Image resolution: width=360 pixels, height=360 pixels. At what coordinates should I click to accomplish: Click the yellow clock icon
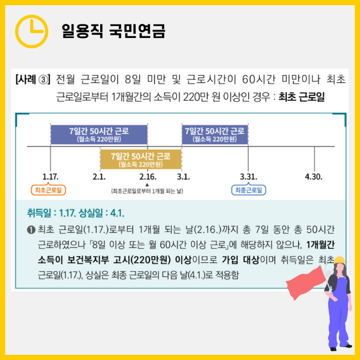click(x=32, y=31)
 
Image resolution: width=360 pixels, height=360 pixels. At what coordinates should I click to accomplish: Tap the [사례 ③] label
click(x=32, y=80)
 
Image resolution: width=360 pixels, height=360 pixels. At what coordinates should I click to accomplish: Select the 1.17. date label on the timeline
click(x=50, y=177)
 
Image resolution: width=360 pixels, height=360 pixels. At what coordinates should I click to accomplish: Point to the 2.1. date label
click(x=99, y=177)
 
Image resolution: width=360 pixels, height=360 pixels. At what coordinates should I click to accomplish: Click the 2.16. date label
click(x=148, y=177)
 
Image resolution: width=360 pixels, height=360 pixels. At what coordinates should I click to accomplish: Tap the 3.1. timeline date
click(x=183, y=177)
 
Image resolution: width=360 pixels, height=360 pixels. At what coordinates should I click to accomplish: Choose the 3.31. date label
click(x=248, y=177)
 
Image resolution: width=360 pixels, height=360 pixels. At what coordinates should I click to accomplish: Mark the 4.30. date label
click(x=314, y=177)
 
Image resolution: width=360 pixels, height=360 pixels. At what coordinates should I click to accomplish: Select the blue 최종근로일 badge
click(x=248, y=190)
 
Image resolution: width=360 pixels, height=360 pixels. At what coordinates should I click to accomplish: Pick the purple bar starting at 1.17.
click(x=99, y=134)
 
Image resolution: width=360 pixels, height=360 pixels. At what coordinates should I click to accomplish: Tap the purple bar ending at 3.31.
click(x=215, y=134)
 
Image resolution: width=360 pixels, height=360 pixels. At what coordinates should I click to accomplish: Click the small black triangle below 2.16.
click(x=148, y=184)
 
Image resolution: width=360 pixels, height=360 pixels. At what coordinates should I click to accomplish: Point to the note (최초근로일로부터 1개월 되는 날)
click(x=148, y=191)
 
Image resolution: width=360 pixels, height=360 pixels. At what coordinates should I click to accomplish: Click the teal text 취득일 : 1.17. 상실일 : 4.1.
click(x=76, y=214)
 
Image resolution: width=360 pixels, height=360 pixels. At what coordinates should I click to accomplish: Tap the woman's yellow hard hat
click(x=339, y=260)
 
